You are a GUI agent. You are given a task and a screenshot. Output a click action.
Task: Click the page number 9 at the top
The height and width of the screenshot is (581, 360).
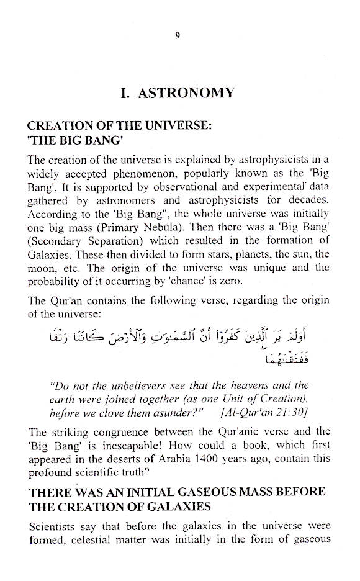click(x=178, y=35)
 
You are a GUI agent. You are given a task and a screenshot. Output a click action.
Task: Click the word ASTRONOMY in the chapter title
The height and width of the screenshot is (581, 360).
click(x=194, y=94)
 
